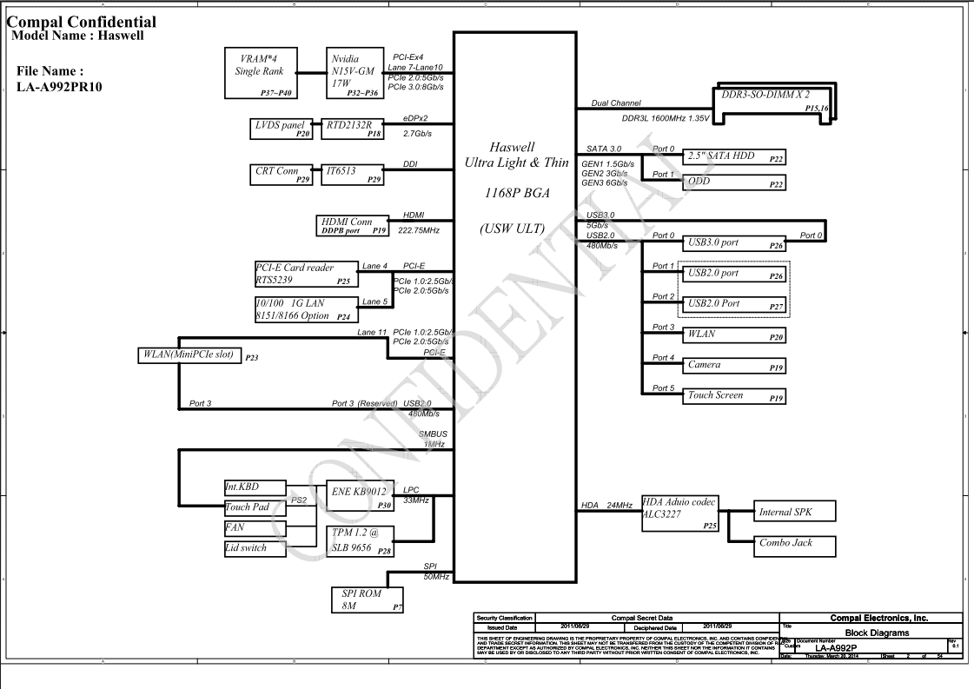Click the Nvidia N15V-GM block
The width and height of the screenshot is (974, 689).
pyautogui.click(x=354, y=72)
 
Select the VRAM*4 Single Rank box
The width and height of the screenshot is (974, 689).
pyautogui.click(x=261, y=72)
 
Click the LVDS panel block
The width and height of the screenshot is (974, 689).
pyautogui.click(x=282, y=129)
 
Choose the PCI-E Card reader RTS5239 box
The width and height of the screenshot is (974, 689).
pyautogui.click(x=306, y=274)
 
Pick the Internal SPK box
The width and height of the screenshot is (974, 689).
pyautogui.click(x=795, y=511)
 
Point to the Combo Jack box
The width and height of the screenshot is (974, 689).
pyautogui.click(x=795, y=546)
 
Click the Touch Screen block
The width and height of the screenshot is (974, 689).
pyautogui.click(x=735, y=395)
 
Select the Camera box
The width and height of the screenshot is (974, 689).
pyautogui.click(x=735, y=365)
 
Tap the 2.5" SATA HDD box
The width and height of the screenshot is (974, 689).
pyautogui.click(x=735, y=156)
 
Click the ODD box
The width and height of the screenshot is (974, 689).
pyautogui.click(x=735, y=182)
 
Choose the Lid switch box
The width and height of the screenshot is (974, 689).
pyautogui.click(x=255, y=548)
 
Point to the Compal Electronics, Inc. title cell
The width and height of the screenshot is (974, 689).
pyautogui.click(x=878, y=618)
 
